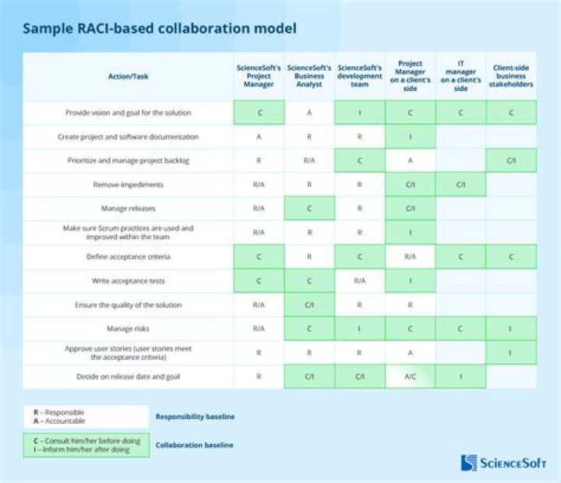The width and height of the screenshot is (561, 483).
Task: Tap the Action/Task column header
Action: (128, 76)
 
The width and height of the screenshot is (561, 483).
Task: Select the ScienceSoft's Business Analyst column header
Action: (309, 76)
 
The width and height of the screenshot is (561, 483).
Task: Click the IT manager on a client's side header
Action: (460, 76)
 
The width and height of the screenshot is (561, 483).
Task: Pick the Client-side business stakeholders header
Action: (511, 76)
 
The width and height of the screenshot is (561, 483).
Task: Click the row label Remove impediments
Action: (128, 185)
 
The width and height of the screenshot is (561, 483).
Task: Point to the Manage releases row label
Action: (128, 208)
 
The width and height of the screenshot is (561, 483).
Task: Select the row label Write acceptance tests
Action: (128, 281)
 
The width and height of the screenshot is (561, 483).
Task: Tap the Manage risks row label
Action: (128, 329)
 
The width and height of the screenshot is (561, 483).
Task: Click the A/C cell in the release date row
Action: (410, 376)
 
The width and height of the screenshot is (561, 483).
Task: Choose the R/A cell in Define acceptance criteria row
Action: (410, 256)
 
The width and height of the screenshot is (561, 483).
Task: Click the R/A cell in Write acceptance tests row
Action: (359, 281)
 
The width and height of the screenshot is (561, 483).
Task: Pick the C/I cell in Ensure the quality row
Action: (309, 305)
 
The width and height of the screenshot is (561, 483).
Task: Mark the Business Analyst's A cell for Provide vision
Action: (309, 113)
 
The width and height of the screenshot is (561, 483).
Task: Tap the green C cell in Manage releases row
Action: (309, 208)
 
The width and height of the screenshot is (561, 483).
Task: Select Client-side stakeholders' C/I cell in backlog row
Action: (511, 160)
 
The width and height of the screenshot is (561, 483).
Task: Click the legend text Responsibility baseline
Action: (195, 417)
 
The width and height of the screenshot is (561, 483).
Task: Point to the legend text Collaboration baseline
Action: (194, 445)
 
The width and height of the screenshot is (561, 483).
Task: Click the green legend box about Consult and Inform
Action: (86, 445)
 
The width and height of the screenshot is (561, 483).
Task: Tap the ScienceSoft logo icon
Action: (469, 463)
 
